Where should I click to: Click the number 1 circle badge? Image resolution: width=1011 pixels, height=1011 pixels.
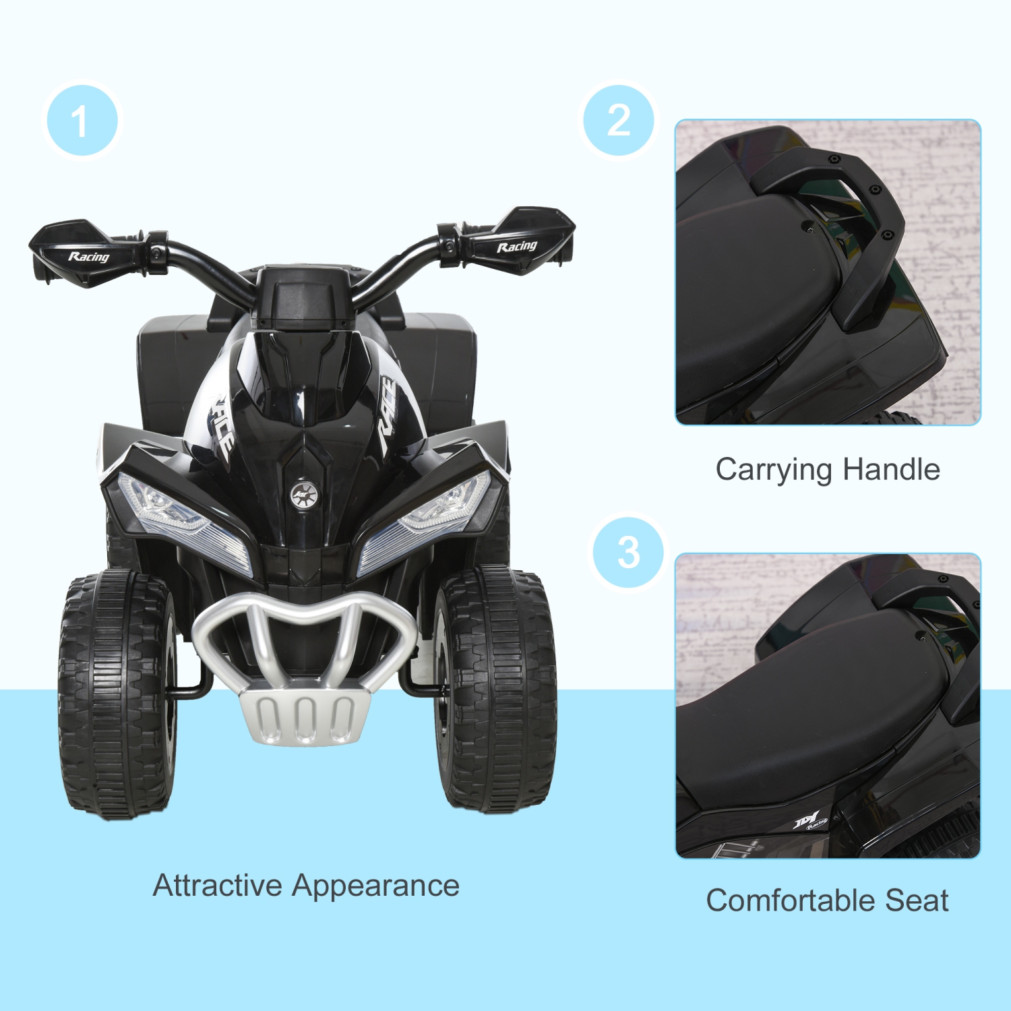coord(82,121)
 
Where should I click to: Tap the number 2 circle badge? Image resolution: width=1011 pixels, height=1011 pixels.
coord(619,121)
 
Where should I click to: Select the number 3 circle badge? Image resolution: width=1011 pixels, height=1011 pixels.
coord(628,553)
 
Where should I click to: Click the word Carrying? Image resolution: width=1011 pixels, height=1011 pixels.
coord(774,470)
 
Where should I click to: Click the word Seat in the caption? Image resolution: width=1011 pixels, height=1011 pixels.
coord(917,901)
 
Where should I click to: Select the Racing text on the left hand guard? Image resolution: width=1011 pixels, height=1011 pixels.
coord(88,257)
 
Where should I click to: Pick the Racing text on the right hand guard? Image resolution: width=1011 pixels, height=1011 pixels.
coord(517,247)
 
